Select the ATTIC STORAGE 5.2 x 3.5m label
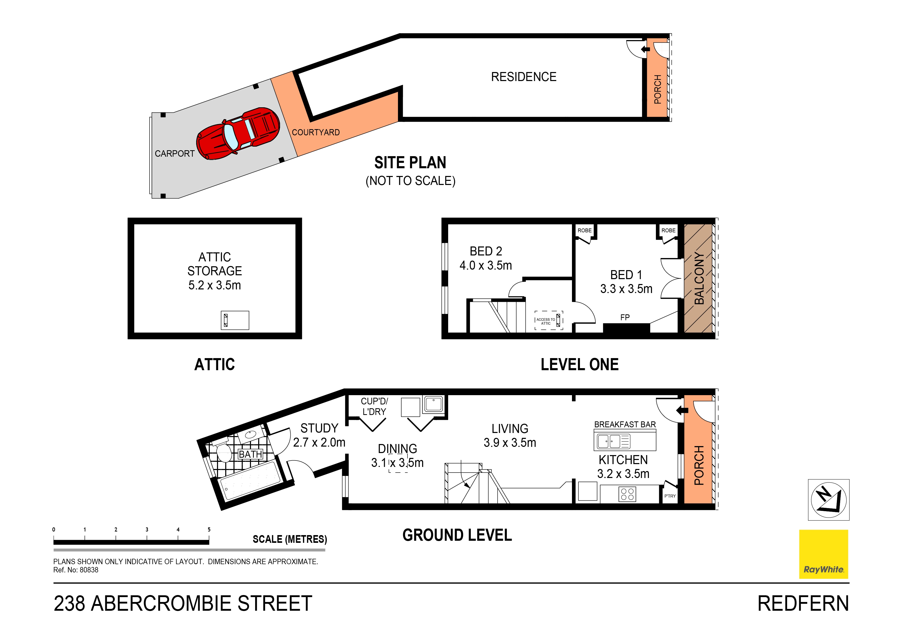tap(214, 271)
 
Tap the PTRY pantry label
tap(670, 496)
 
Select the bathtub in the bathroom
tap(250, 482)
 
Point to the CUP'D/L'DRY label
tap(374, 406)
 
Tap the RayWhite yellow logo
tap(823, 554)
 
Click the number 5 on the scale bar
tap(209, 529)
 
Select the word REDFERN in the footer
tap(803, 604)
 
